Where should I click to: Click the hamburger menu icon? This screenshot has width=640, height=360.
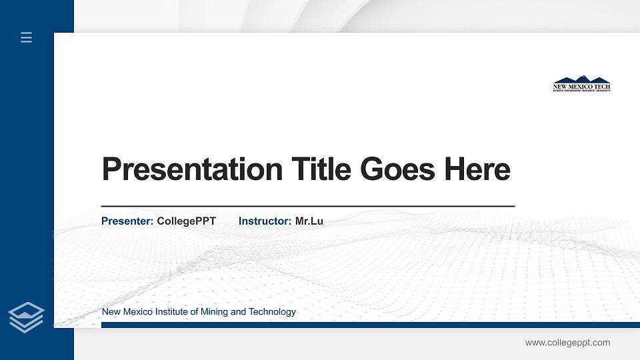(27, 38)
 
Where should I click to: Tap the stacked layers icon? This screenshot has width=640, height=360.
(27, 317)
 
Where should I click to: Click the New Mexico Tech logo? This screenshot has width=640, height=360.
(581, 84)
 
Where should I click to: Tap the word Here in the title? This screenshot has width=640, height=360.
(477, 169)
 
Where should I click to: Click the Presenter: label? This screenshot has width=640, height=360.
(127, 221)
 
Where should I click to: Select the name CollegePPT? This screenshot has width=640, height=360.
(186, 221)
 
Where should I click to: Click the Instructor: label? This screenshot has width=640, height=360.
(265, 221)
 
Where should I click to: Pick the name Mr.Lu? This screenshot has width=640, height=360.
(309, 221)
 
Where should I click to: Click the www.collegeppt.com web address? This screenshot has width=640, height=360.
(567, 343)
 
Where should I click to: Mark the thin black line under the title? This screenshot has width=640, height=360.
(307, 207)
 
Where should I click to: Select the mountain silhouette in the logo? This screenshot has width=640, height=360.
(581, 79)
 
